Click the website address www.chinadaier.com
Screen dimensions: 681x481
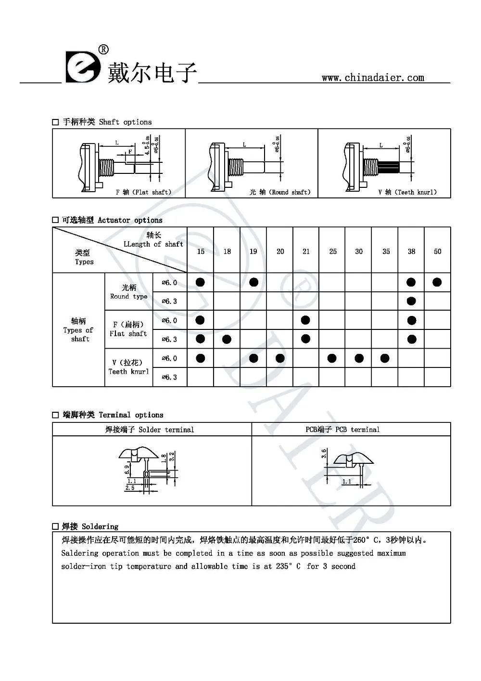pos(373,78)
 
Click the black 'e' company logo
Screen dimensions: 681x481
pos(82,68)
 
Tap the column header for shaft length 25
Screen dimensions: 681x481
pos(333,251)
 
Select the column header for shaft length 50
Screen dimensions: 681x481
pos(437,251)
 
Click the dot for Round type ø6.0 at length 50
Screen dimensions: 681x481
pos(437,282)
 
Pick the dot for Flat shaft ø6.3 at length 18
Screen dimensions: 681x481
pos(227,339)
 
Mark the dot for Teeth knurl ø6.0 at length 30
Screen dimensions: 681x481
pos(359,358)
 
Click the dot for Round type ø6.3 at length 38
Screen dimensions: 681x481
pos(411,301)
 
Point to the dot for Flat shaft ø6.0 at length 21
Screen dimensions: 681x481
pos(305,320)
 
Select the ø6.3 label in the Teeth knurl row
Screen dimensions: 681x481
pos(169,377)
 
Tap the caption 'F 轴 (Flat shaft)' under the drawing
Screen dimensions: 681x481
pos(143,192)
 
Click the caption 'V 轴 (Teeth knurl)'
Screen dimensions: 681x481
pos(407,192)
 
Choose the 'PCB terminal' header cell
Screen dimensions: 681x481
pos(342,430)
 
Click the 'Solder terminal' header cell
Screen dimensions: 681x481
pos(150,430)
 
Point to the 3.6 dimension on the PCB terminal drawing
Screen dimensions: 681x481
pos(325,454)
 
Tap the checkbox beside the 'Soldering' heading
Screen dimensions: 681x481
pos(56,526)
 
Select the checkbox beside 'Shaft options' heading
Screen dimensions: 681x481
pos(56,122)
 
